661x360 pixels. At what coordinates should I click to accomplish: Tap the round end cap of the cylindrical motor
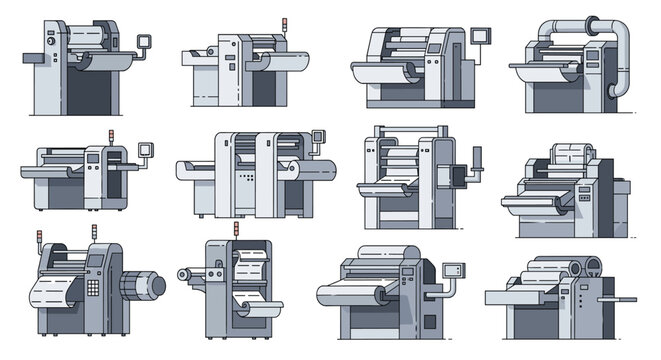[x=157, y=286]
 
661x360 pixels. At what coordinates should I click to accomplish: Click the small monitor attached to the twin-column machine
[x=319, y=139]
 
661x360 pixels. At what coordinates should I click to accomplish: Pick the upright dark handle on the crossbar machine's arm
[x=476, y=157]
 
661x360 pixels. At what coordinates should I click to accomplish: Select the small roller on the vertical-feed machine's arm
[x=184, y=273]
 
